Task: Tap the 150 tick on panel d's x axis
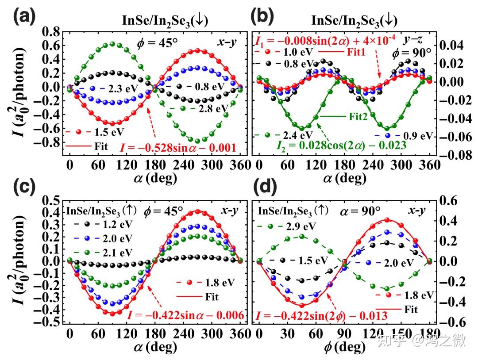click(x=401, y=332)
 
